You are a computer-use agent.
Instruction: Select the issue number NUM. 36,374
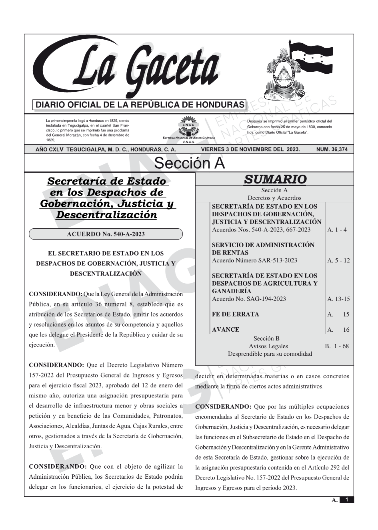pos(332,149)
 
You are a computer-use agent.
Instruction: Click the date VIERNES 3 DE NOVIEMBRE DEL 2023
pos(250,149)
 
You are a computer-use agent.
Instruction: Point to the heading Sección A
pos(189,163)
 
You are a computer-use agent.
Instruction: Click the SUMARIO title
pos(275,179)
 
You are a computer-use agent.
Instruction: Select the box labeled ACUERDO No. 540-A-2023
pos(106,234)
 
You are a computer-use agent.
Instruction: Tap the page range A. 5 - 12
pos(338,260)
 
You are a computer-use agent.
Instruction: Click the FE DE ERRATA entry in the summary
pos(235,314)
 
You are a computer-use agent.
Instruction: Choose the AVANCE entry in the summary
pos(226,330)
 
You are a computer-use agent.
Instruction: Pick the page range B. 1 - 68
pos(336,346)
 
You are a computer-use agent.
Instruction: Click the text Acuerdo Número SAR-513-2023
pos(254,260)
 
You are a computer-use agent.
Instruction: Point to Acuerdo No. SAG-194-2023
pos(249,299)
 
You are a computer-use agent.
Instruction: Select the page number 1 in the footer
pos(346,500)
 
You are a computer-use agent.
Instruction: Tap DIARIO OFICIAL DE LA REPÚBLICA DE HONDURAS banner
pos(140,105)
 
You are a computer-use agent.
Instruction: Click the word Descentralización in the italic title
pos(107,215)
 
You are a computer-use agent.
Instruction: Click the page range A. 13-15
pos(338,299)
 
